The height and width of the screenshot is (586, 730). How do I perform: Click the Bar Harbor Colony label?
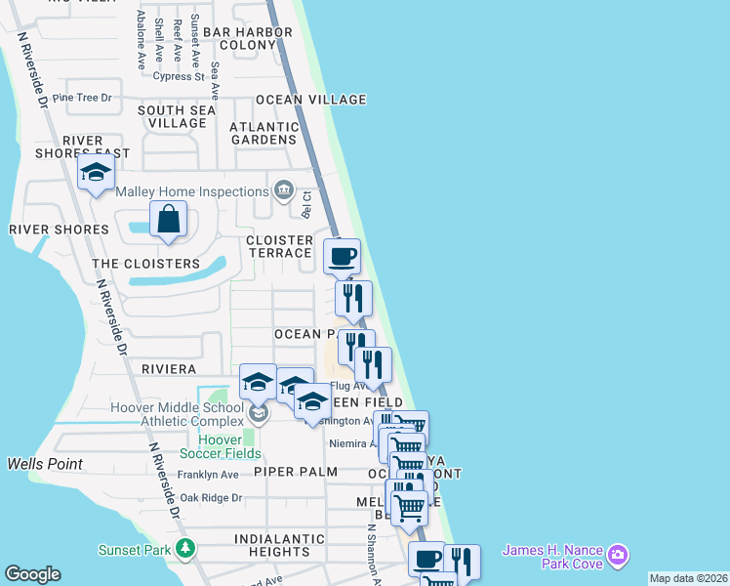tap(248, 38)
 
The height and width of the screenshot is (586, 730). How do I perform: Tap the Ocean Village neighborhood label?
tap(310, 100)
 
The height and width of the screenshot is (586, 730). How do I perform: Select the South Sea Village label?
tap(177, 117)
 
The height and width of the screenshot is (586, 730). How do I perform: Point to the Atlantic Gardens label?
tap(264, 133)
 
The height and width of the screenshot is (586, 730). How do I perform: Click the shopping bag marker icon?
tap(169, 220)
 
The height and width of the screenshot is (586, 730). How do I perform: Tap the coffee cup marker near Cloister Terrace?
tap(342, 257)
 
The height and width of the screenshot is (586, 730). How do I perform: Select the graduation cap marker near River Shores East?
tap(96, 174)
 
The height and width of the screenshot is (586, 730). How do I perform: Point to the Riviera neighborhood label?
tap(169, 369)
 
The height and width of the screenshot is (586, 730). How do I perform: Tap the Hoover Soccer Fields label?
tap(221, 446)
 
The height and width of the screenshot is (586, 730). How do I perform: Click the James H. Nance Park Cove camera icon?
tap(616, 557)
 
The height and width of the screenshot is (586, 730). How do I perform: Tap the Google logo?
tap(32, 574)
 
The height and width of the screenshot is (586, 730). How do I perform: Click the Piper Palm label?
tap(295, 472)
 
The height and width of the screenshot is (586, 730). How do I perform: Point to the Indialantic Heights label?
tap(279, 545)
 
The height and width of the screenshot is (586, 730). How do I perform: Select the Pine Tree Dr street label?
tap(82, 98)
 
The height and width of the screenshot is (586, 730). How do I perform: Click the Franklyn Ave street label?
tap(208, 475)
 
